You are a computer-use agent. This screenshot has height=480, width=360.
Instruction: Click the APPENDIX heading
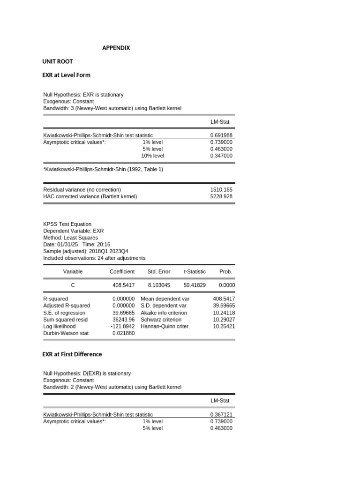coord(116,48)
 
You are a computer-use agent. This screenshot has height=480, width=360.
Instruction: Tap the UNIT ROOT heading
coord(58,61)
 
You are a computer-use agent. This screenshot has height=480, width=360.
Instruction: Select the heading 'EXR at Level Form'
coord(66,75)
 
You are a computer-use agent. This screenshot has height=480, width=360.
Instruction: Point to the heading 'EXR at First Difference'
coord(72,354)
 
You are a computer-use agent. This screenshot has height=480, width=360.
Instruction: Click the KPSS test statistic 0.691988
coord(221,135)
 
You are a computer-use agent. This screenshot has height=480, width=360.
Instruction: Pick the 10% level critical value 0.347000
coord(221,156)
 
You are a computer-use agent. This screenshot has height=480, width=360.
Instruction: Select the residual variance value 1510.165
coord(221,190)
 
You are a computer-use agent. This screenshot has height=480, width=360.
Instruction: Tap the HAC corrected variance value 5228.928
coord(221,196)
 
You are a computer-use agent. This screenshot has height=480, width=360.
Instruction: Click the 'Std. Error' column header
coord(159,271)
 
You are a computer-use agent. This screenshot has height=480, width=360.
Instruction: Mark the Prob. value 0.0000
coord(227,285)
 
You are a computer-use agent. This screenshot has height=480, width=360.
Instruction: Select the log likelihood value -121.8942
coord(123,326)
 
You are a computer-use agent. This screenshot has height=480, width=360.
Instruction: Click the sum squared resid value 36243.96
coord(123,319)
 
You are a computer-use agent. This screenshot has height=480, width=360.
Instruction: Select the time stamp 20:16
coord(104,244)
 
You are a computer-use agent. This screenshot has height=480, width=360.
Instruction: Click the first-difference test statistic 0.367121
coord(221,414)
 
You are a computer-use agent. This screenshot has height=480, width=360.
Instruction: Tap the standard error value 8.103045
coord(159,285)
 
